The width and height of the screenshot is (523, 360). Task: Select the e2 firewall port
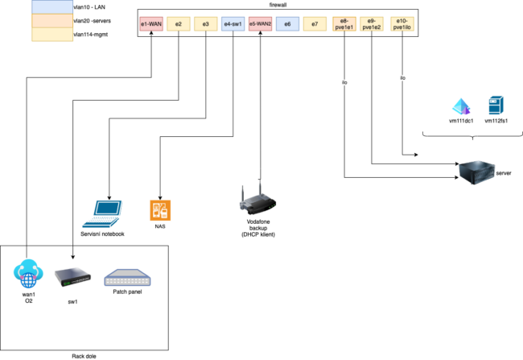click(178, 25)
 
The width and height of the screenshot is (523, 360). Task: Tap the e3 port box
click(206, 25)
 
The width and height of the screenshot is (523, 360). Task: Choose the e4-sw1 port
click(233, 25)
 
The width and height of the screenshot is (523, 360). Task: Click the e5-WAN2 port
click(261, 25)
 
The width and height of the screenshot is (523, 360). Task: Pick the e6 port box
click(287, 25)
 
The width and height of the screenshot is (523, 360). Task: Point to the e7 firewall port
click(315, 25)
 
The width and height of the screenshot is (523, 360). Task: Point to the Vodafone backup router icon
click(259, 199)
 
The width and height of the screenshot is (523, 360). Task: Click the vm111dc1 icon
click(460, 106)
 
